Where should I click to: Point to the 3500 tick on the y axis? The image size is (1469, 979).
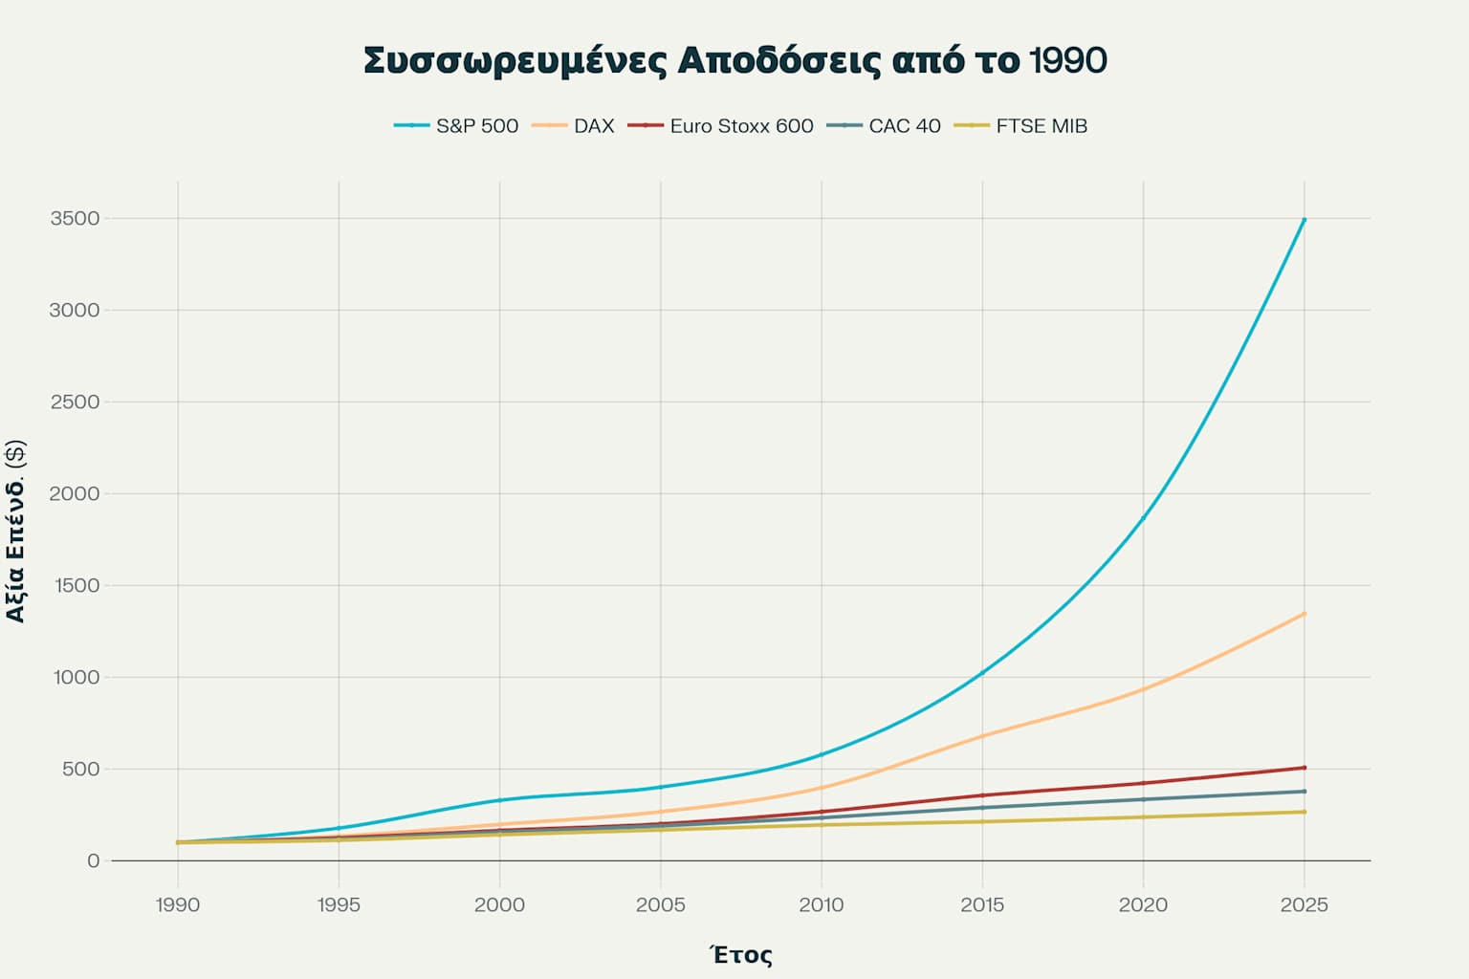click(x=75, y=219)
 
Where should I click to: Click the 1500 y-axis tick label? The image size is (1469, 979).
click(x=75, y=586)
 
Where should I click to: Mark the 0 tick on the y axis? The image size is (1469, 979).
click(x=93, y=861)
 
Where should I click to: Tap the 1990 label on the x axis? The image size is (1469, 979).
click(x=178, y=904)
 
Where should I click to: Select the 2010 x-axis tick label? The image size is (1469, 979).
click(x=822, y=904)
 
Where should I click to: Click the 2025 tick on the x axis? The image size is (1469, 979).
click(x=1304, y=904)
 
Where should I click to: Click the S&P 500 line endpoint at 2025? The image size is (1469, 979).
click(x=1304, y=220)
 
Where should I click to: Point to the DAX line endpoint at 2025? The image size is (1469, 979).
click(x=1304, y=614)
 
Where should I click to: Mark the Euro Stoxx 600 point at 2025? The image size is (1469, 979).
click(x=1304, y=768)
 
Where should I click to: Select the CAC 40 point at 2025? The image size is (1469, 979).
click(x=1304, y=792)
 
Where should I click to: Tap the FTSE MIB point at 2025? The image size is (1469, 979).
click(x=1304, y=812)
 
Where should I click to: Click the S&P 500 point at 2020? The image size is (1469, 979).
click(x=1143, y=517)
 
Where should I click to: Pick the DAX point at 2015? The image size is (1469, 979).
click(x=982, y=736)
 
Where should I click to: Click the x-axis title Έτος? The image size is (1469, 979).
click(x=741, y=954)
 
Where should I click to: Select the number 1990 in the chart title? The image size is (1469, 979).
click(x=1068, y=60)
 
